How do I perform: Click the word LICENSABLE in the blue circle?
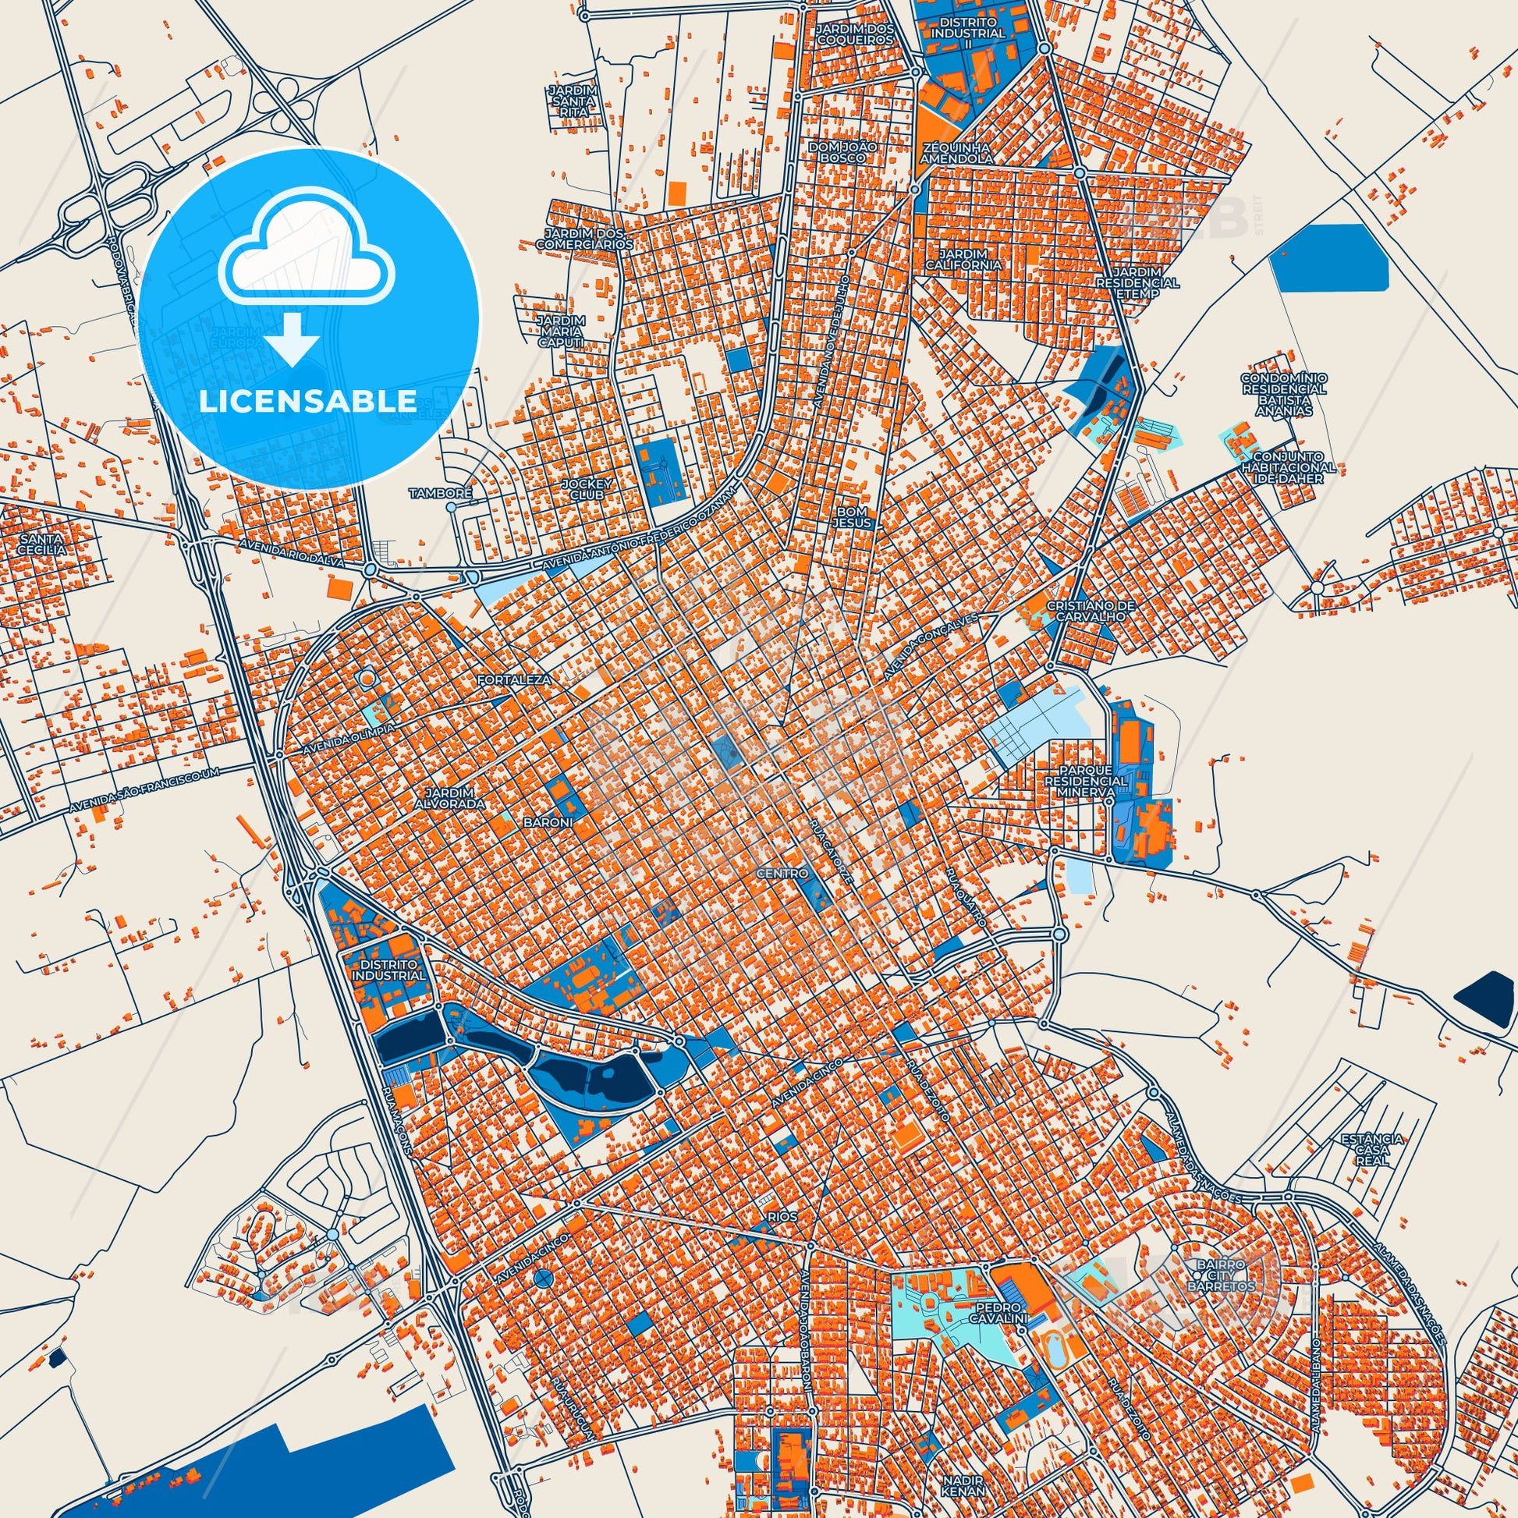click(x=307, y=401)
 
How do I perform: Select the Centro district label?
click(x=782, y=874)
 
